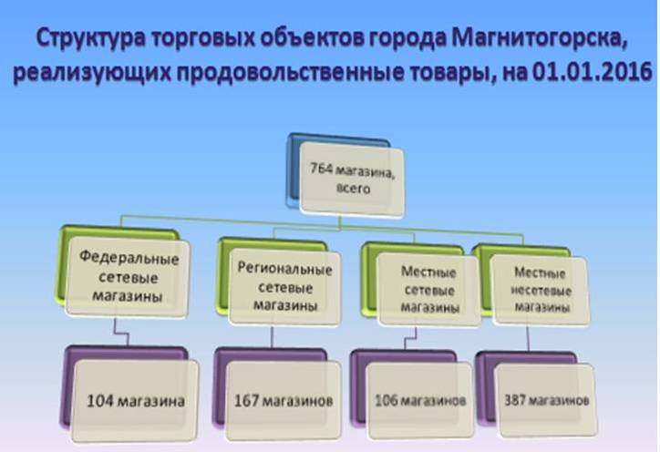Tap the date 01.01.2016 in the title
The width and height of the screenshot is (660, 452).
[x=593, y=72]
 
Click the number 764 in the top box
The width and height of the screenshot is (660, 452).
[x=322, y=169]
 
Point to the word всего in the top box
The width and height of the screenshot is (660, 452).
[x=353, y=188]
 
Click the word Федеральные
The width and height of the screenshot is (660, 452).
[x=129, y=257]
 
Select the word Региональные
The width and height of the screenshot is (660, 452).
[x=284, y=269]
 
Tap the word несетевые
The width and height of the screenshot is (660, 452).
[x=541, y=291]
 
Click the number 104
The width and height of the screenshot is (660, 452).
[x=99, y=401]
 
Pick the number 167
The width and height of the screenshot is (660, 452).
[x=247, y=400]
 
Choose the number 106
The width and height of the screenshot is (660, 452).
[x=386, y=400]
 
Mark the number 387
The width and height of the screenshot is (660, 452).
[x=514, y=400]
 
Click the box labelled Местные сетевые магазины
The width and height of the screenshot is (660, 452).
[x=428, y=289]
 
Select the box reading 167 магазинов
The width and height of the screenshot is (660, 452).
[x=284, y=401]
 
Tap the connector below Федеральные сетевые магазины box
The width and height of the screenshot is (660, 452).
[x=121, y=333]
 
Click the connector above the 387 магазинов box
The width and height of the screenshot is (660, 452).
[x=528, y=338]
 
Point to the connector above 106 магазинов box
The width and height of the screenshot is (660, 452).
[x=411, y=338]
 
